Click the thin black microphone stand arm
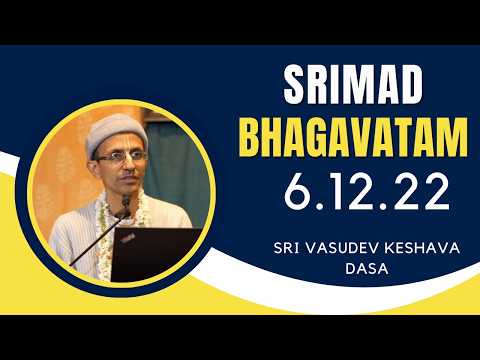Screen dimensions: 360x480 coord(95,245)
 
